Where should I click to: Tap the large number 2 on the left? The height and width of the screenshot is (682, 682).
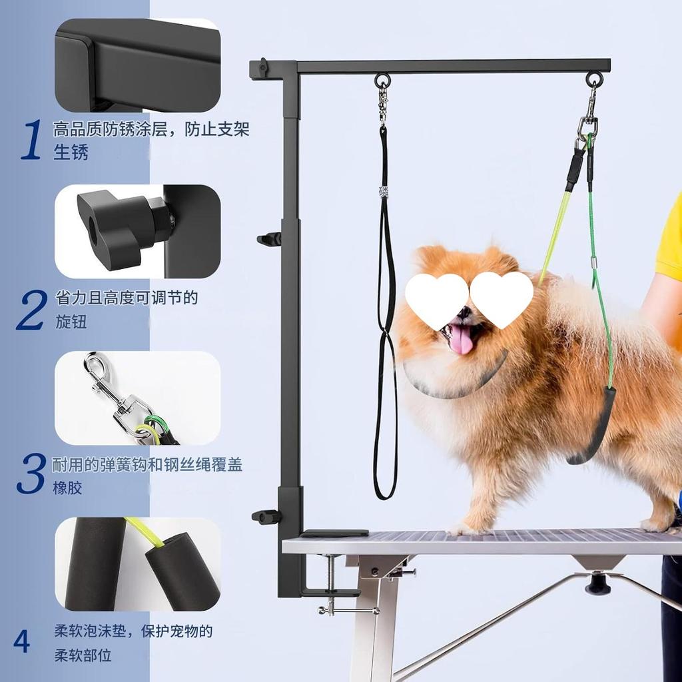[x=32, y=310]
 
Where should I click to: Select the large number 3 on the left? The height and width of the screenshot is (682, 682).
[x=31, y=474]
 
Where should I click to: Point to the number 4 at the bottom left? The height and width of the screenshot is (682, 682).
[x=22, y=641]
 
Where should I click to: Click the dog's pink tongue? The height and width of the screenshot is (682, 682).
[x=462, y=340]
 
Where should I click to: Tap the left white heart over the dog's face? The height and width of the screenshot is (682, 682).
[x=436, y=300]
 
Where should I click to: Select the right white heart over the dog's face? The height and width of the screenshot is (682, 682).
[x=502, y=298]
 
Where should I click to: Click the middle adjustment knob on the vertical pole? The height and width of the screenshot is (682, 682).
[x=270, y=238]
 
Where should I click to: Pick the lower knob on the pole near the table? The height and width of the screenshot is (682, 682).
[x=266, y=516]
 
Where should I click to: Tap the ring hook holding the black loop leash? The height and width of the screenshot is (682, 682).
[x=383, y=81]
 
